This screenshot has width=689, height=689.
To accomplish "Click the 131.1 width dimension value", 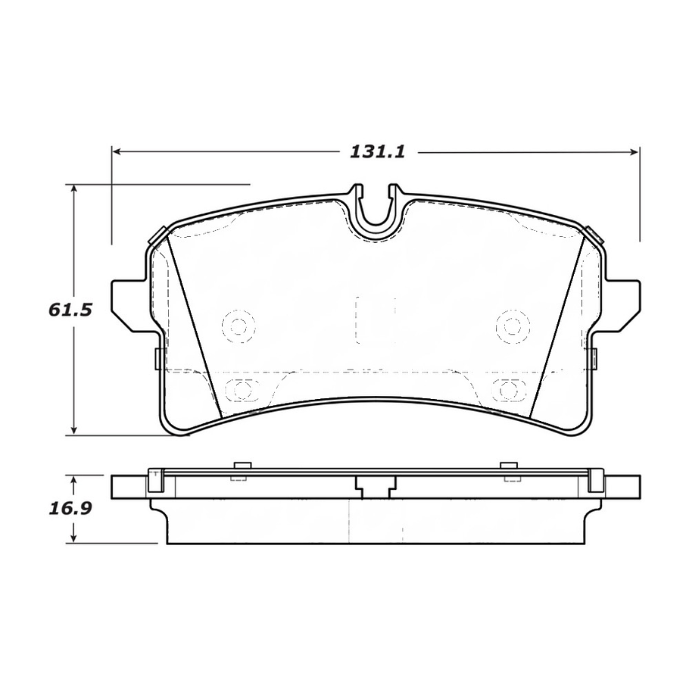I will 377,151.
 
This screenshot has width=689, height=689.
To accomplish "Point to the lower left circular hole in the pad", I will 241,390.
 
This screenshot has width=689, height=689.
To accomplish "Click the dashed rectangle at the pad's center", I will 376,320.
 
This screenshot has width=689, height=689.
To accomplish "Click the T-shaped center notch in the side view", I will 376,488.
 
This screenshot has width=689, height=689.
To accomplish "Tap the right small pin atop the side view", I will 508,465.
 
